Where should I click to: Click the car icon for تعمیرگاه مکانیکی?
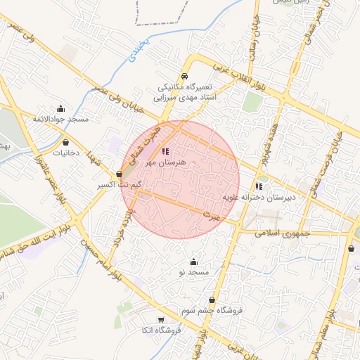click(184, 75)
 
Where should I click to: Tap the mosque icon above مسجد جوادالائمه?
click(60, 108)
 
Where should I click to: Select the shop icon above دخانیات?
click(65, 142)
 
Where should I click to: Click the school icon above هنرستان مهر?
click(165, 151)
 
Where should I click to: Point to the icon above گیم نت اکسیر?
click(119, 174)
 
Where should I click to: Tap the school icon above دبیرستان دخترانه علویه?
click(259, 187)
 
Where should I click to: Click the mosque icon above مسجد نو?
click(194, 262)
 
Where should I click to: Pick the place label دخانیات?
click(65, 153)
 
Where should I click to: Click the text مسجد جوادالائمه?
click(60, 120)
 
